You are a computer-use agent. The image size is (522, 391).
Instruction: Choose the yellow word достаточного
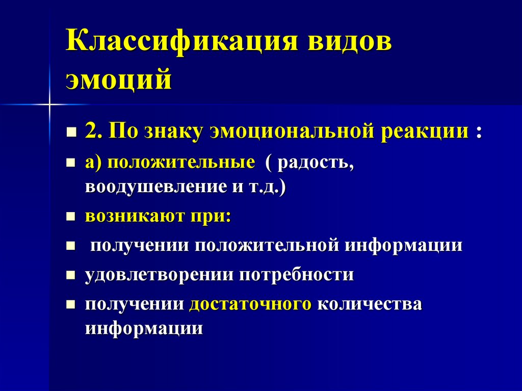tap(250, 304)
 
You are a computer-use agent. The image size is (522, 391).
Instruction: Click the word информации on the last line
tap(144, 327)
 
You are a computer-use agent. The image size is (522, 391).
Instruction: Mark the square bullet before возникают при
tap(71, 216)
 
